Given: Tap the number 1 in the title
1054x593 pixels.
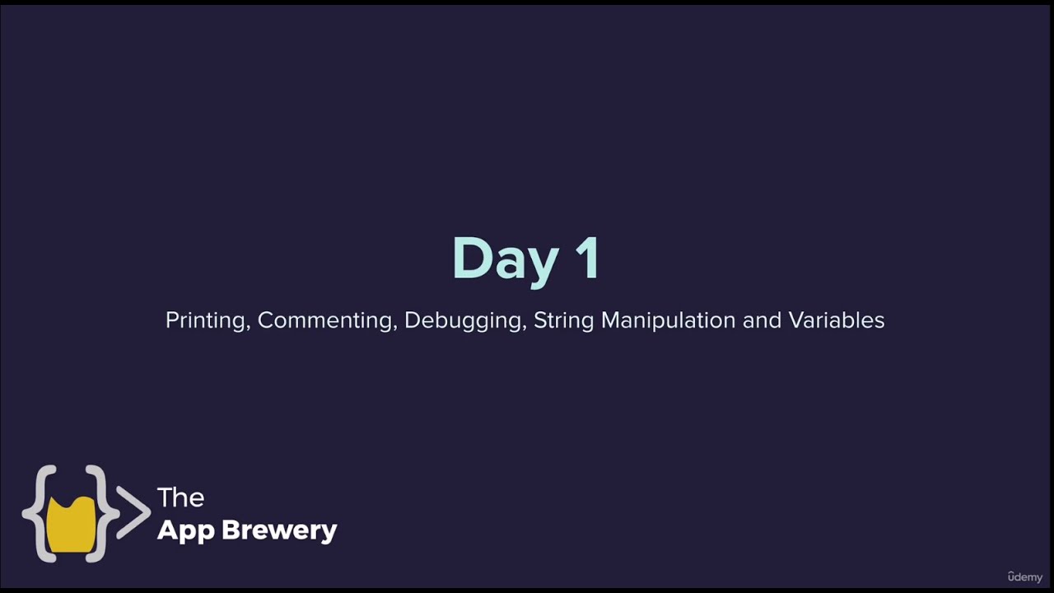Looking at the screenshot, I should pos(587,259).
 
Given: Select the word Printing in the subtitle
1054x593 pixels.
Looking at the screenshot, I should pos(205,320).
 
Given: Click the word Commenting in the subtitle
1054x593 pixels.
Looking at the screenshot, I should pos(326,320).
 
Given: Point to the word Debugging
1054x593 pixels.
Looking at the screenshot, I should pos(464,320).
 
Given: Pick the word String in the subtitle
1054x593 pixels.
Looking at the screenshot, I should pos(564,320).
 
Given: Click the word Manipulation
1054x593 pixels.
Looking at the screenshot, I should pos(668,320).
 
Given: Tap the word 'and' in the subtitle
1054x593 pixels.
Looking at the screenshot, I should pos(762,320).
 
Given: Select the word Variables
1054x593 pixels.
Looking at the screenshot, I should pos(837,320).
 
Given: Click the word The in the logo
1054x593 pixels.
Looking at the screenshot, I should pos(180,497).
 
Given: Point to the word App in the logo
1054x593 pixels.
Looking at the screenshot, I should pos(186,530).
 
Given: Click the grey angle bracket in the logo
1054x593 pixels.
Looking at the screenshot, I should pos(134,512).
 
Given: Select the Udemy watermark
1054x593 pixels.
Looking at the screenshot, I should pos(1024,577).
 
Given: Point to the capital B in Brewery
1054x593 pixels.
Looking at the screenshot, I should pos(233,530).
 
